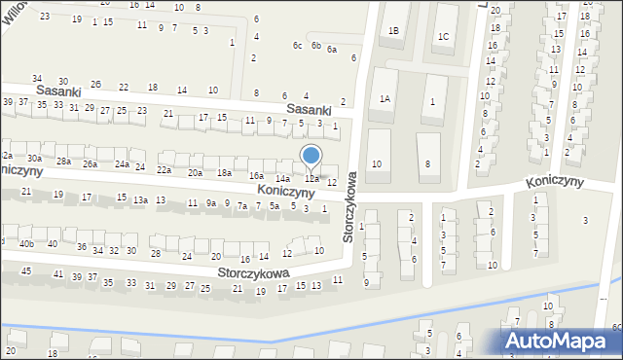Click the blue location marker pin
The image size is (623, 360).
[x=311, y=156]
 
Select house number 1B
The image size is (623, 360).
[x=393, y=31]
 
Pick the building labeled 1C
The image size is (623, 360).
[x=443, y=37]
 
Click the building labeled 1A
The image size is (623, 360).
[x=385, y=98]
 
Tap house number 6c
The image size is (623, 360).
[x=297, y=46]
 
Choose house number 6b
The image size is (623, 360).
[x=315, y=46]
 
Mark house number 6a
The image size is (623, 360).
[x=332, y=50]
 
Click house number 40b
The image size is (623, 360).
[x=25, y=243]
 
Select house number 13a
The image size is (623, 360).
[x=140, y=199]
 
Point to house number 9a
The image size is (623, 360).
[x=210, y=203]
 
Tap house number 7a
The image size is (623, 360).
[x=241, y=205]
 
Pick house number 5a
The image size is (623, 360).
[x=275, y=205]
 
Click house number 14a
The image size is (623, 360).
[x=282, y=179]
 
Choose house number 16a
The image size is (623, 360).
[x=256, y=175]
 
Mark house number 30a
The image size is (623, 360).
[x=34, y=158]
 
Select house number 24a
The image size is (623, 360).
[x=122, y=164]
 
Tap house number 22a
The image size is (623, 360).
[x=164, y=169]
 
